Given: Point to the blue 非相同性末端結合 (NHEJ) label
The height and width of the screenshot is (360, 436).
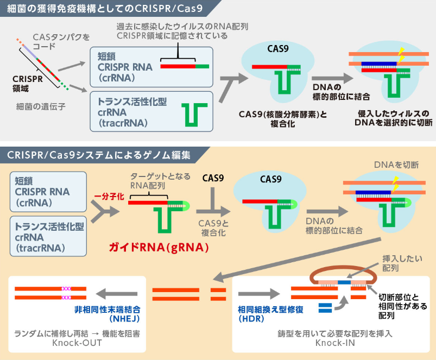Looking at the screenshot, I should coord(109,313).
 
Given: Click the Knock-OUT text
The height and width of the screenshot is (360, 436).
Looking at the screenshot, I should coord(77,343).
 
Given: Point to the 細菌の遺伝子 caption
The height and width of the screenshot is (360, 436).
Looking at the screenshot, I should coord(41,107).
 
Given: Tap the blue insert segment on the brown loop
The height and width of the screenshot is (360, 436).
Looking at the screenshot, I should coord(344,282).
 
